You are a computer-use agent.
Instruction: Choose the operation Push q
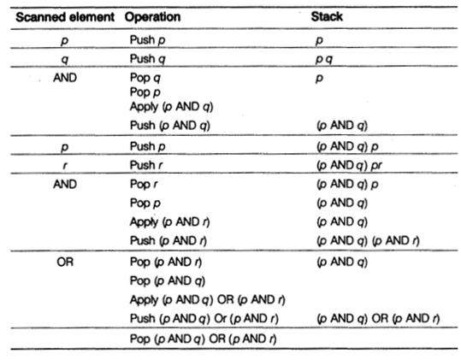(x=148, y=58)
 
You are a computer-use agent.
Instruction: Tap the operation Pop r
(x=145, y=184)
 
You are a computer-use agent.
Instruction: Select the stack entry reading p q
(x=323, y=58)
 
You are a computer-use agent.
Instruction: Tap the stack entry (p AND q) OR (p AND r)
(x=377, y=318)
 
